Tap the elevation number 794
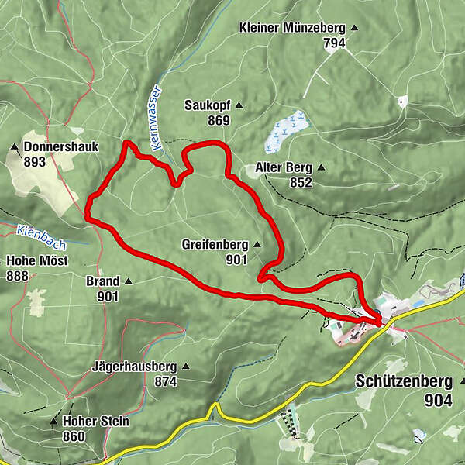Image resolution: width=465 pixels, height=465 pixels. (334, 43)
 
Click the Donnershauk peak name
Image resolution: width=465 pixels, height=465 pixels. (61, 146)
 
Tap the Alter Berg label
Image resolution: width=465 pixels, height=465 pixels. (283, 167)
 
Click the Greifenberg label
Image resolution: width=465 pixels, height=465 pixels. (215, 244)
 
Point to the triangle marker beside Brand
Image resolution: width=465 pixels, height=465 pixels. (129, 281)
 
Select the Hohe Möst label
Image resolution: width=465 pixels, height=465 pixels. (37, 260)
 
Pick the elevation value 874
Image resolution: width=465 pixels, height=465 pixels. (166, 381)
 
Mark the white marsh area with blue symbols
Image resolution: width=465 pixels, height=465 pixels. (285, 129)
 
